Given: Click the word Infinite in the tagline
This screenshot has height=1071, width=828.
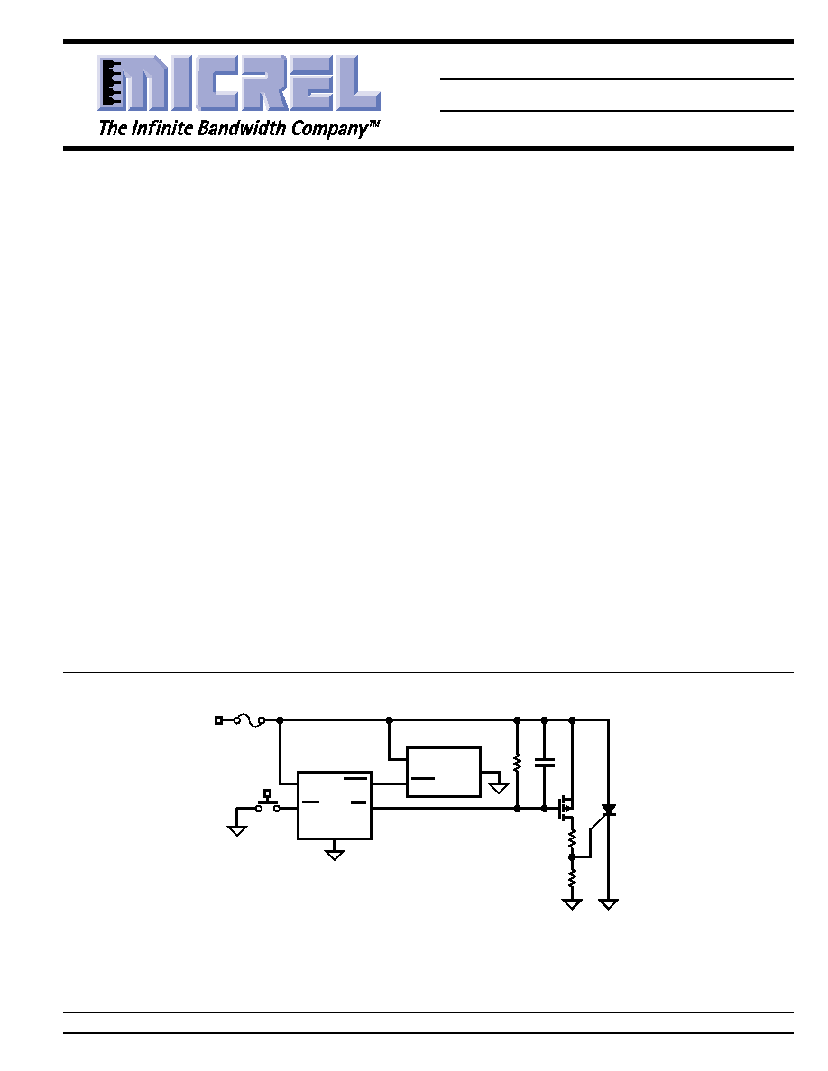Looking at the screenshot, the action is [162, 128].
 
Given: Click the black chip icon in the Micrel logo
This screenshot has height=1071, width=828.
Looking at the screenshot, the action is [111, 83].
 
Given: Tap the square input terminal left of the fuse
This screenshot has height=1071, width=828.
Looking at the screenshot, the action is [218, 720].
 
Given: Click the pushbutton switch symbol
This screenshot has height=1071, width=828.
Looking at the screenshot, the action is [267, 801].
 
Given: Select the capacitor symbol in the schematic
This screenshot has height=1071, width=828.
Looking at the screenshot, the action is [545, 763].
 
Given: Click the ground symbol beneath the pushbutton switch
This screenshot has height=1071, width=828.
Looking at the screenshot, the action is [237, 830].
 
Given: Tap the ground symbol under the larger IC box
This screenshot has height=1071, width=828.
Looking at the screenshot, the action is [334, 855].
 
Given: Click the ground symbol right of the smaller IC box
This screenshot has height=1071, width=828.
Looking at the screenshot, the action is [500, 788].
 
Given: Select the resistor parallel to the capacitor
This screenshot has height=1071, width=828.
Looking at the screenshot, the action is [517, 763].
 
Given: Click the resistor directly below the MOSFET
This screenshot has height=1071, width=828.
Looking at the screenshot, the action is [572, 838].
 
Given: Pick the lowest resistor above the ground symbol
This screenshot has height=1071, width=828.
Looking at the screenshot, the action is [572, 877].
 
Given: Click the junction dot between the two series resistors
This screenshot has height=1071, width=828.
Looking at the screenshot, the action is [572, 856].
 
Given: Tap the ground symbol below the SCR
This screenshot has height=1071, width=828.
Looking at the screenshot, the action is [608, 904].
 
